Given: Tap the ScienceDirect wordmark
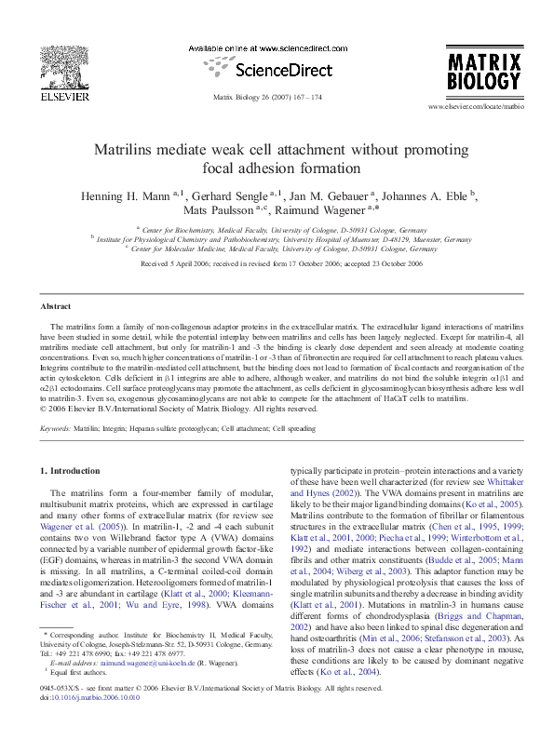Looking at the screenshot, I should [x=277, y=69].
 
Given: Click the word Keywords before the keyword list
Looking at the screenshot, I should [x=57, y=428].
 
